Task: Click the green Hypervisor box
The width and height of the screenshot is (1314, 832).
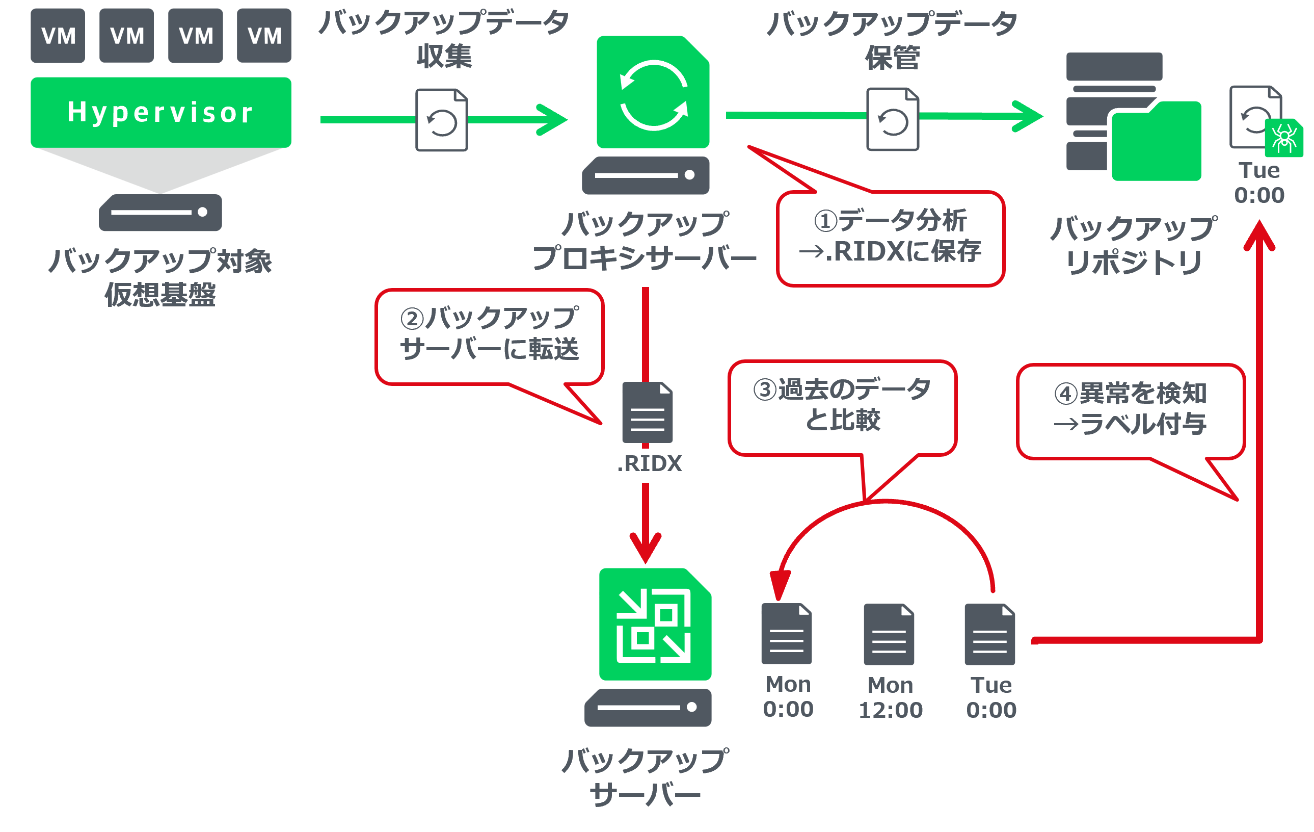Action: pos(161,113)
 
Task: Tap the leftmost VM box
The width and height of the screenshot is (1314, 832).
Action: pos(58,36)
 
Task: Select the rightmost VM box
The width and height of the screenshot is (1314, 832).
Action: pos(264,36)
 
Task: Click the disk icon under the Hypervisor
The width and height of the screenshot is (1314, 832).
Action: pos(160,213)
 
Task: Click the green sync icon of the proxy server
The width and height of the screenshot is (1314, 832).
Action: pos(653,92)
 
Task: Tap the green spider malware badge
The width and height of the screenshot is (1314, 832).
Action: pos(1284,138)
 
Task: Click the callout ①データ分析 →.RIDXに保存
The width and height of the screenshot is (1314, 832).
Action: pos(891,238)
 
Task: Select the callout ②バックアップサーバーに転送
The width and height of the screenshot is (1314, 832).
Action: pos(490,337)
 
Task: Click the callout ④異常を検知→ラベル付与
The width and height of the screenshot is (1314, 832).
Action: pos(1131,411)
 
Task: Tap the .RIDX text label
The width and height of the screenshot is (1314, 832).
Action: pos(650,463)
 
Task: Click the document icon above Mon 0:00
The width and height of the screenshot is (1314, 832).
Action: pos(787,634)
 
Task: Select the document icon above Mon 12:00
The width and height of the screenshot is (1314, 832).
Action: pos(889,634)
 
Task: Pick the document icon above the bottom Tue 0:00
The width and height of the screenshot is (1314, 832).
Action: pos(990,634)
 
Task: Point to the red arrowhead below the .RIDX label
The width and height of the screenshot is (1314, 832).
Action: pos(646,548)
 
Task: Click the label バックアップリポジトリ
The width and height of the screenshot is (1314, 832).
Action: pos(1134,245)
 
